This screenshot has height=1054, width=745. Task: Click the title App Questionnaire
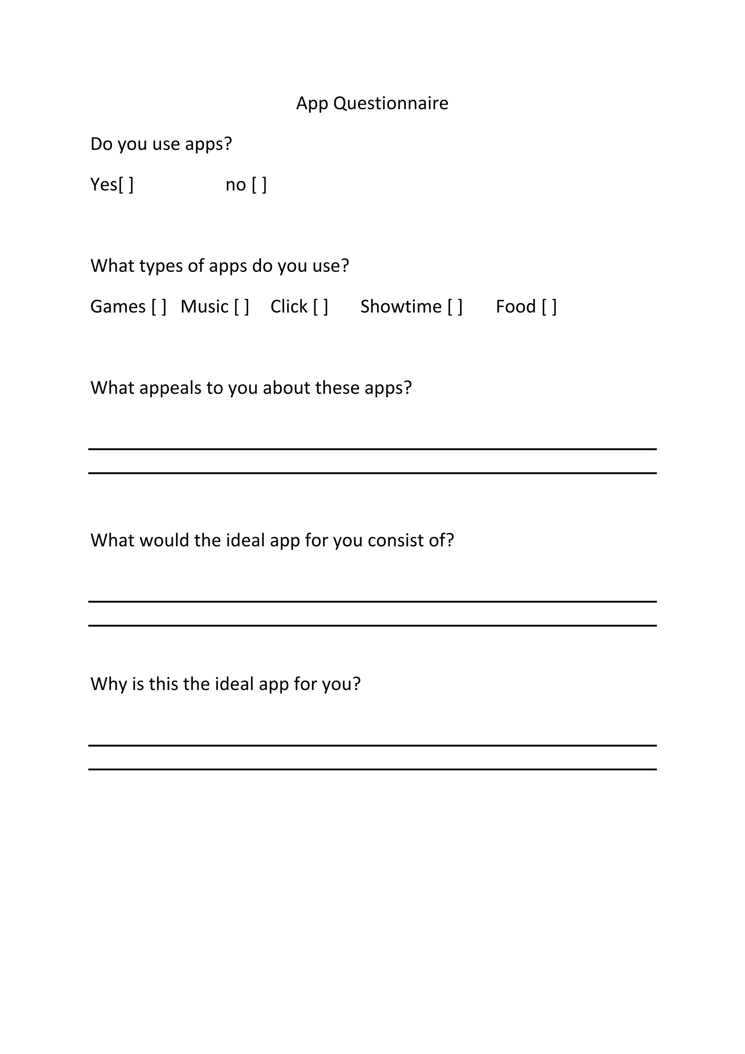[372, 103]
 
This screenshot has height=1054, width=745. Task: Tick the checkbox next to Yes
[126, 185]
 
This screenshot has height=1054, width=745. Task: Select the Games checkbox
[159, 307]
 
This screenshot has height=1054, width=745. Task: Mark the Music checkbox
[241, 307]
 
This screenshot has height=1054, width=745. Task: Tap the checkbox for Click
[320, 307]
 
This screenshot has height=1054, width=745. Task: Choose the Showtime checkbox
[455, 307]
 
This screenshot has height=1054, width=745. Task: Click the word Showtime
[401, 307]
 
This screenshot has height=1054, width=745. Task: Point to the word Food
[515, 307]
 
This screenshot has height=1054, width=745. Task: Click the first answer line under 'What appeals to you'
[372, 449]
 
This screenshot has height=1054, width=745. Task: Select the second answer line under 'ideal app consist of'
[372, 625]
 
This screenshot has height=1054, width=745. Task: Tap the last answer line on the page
[372, 769]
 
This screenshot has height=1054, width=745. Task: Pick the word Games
[118, 307]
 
